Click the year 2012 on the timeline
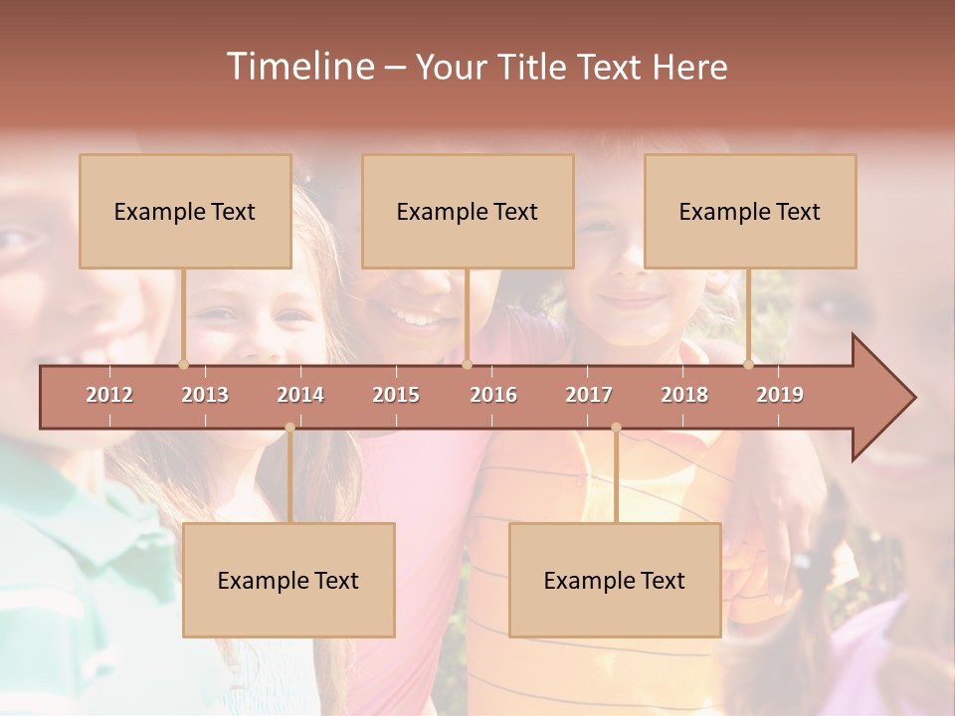coord(109,395)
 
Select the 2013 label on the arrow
coord(205,395)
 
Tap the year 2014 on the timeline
coord(300,395)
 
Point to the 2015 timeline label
coord(396,395)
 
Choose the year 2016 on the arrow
coord(493,395)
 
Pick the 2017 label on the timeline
coord(589,395)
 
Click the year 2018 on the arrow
coord(684,395)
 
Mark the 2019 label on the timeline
coord(780,395)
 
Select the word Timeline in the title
coord(299,67)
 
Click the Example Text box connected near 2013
coord(185,212)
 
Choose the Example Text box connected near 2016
coord(468,212)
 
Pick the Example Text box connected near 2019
coord(750,212)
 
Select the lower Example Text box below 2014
coord(288,581)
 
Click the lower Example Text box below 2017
coord(615,581)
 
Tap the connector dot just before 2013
coord(183,365)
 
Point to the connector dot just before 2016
coord(467,365)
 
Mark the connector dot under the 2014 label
coord(289,428)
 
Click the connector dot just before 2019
coord(749,365)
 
